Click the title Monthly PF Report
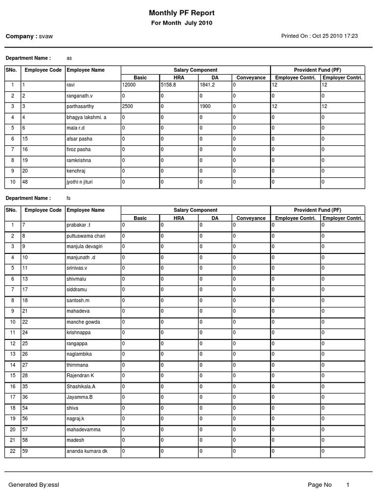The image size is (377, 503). click(182, 13)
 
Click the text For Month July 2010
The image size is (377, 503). click(182, 23)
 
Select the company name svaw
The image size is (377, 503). click(46, 36)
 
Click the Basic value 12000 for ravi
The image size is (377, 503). click(129, 85)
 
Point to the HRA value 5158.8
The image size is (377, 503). click(169, 85)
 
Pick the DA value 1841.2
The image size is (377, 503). click(208, 85)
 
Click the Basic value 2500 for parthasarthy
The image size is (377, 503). click(127, 106)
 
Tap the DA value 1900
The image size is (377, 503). click(205, 106)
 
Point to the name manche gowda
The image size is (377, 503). click(83, 322)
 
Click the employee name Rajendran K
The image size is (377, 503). click(80, 375)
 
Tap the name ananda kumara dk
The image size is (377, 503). click(86, 451)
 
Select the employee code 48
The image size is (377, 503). click(25, 182)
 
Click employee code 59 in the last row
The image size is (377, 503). click(25, 451)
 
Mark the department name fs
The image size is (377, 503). click(69, 198)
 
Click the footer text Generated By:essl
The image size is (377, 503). click(33, 485)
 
